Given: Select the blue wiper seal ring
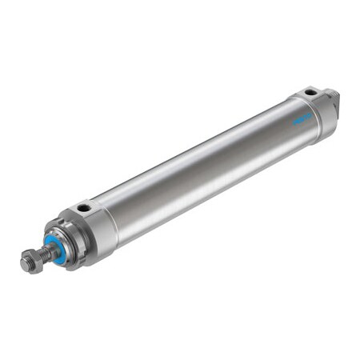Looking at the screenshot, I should [55, 245].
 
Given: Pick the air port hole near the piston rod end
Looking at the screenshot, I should [83, 210].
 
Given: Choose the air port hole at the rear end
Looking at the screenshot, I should [308, 92].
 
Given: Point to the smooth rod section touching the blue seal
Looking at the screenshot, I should [50, 250].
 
